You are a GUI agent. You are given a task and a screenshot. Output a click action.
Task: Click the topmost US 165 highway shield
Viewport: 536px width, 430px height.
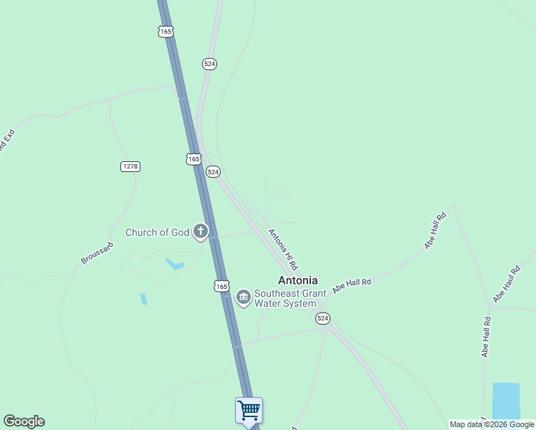click(166, 32)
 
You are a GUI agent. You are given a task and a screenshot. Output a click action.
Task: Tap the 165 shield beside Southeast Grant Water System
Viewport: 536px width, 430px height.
click(221, 286)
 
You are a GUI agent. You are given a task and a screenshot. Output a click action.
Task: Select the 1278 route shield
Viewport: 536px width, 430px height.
click(130, 166)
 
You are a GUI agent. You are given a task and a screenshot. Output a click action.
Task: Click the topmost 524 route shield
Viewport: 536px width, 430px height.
click(209, 64)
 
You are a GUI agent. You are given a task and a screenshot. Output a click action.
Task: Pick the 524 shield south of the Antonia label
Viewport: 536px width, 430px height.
click(323, 318)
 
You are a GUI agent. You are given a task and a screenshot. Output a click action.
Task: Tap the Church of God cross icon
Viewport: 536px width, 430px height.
click(201, 231)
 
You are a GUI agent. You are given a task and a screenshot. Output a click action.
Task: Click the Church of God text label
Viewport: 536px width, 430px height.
click(157, 232)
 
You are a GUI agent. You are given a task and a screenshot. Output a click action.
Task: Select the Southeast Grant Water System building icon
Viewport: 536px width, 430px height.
click(243, 297)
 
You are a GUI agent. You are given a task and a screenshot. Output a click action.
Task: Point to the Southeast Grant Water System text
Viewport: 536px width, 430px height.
click(289, 298)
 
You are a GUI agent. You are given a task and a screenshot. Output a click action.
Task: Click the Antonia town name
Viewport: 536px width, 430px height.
click(297, 280)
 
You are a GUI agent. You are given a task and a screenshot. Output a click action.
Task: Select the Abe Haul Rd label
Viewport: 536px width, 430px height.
click(505, 285)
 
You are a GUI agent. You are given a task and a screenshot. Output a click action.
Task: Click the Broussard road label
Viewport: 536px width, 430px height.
click(97, 252)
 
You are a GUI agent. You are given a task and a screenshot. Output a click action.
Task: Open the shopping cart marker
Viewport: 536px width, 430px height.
click(249, 411)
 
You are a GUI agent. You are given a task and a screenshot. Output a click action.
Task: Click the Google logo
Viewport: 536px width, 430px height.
click(24, 421)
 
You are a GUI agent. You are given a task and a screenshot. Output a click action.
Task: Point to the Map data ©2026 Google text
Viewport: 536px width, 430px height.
click(492, 424)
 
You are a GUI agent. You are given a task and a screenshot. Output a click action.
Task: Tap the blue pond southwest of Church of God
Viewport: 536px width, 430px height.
click(175, 264)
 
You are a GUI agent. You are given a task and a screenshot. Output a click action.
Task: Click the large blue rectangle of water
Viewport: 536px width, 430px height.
click(506, 401)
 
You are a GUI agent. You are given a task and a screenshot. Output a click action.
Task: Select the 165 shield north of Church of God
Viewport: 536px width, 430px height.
click(193, 159)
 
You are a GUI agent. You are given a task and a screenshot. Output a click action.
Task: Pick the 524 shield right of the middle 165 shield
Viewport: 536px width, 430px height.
click(213, 172)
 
